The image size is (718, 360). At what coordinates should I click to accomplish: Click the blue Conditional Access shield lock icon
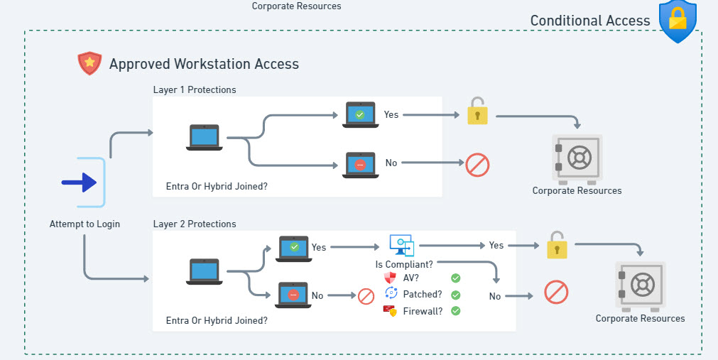[678, 21]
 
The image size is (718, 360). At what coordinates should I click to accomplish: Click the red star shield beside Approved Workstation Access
[89, 64]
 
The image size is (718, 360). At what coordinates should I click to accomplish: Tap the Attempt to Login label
[85, 224]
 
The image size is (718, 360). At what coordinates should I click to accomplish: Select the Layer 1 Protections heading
[195, 90]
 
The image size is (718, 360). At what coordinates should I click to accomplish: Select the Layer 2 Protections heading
[195, 224]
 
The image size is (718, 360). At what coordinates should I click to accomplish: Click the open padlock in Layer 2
[557, 245]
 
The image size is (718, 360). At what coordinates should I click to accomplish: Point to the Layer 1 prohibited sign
[477, 165]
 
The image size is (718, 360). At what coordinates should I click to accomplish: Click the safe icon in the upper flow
[577, 158]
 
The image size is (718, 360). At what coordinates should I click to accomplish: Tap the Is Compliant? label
[404, 264]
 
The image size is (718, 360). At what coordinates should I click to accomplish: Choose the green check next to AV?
[455, 278]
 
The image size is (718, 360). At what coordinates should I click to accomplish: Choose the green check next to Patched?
[455, 295]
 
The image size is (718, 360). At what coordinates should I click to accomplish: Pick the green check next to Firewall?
[455, 311]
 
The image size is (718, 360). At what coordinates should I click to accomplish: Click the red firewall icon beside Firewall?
[390, 311]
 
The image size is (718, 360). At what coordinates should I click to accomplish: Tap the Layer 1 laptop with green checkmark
[359, 114]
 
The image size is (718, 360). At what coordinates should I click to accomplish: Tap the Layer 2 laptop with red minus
[293, 295]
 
